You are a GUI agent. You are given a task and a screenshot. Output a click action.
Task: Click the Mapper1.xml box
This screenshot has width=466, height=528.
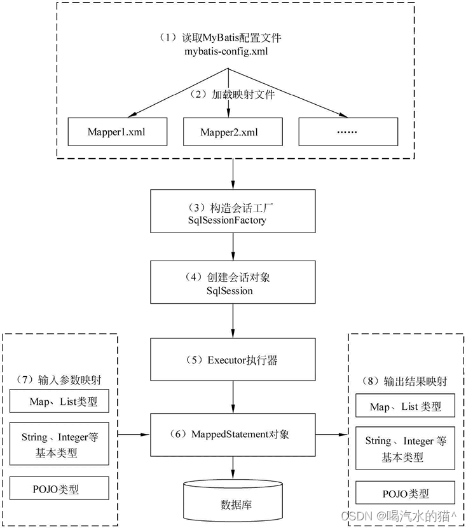click(x=118, y=132)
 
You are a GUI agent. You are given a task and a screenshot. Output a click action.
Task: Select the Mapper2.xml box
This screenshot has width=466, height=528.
click(x=233, y=132)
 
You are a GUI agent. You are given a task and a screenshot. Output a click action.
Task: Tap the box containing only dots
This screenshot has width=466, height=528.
click(x=348, y=132)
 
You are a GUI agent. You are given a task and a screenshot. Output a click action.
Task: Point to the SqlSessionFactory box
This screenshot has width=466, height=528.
click(x=233, y=212)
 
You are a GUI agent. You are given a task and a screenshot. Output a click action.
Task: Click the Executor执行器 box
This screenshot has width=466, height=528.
click(x=233, y=360)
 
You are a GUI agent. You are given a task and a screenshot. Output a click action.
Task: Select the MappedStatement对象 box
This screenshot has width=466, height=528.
click(x=233, y=435)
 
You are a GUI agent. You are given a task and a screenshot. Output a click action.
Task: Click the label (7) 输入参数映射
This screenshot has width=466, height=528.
click(x=60, y=380)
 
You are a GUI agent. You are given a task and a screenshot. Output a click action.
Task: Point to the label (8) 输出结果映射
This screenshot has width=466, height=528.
click(x=406, y=382)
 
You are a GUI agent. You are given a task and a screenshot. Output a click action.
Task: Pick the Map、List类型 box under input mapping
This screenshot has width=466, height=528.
click(x=60, y=402)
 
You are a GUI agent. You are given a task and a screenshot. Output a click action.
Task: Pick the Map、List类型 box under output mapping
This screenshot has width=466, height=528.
click(x=406, y=407)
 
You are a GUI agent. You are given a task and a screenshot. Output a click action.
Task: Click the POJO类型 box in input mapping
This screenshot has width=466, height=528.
click(x=60, y=489)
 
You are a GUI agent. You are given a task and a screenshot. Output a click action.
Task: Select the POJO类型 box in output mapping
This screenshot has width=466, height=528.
click(x=406, y=493)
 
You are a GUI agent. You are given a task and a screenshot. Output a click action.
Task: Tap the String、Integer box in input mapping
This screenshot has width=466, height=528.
click(x=60, y=445)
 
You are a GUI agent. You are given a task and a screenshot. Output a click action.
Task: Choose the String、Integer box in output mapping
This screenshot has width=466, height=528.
click(x=406, y=449)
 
